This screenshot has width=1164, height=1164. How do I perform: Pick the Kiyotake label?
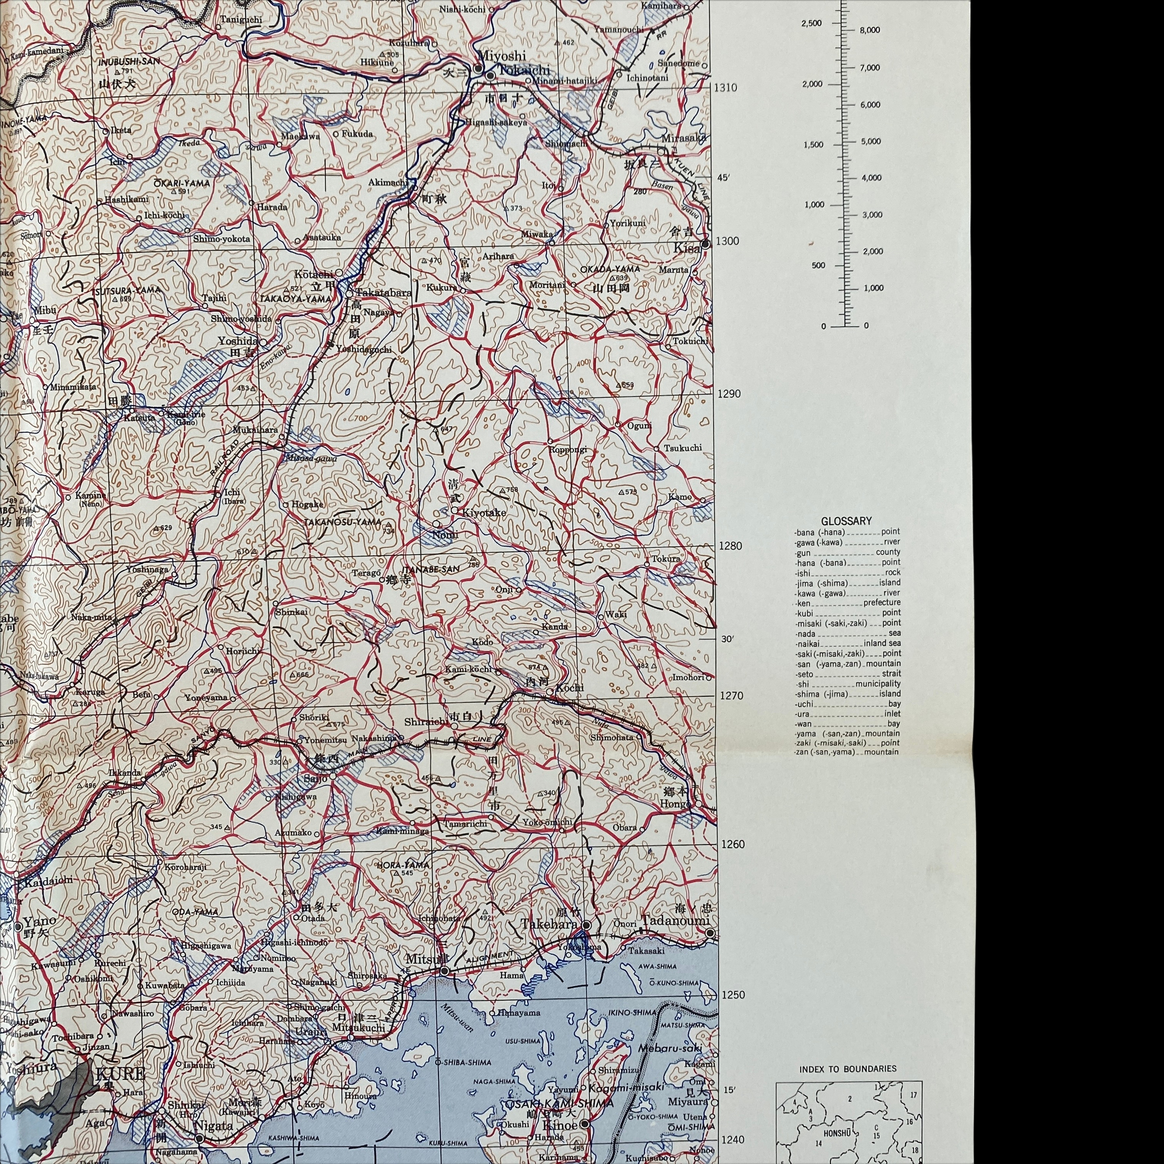[x=484, y=513]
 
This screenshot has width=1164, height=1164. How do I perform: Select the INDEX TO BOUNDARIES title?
[x=848, y=1069]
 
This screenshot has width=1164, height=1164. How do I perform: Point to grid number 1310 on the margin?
[x=726, y=87]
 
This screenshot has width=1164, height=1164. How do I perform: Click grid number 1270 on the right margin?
[x=731, y=696]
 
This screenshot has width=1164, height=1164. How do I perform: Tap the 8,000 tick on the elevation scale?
[x=870, y=31]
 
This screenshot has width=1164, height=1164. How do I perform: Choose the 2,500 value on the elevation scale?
[x=811, y=23]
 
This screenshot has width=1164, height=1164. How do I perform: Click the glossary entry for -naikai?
[x=808, y=644]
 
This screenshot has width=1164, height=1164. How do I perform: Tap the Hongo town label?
[x=675, y=804]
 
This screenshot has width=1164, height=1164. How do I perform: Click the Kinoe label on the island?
[x=560, y=1125]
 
